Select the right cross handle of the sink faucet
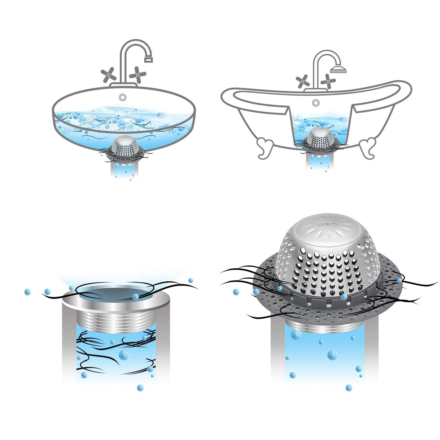138,74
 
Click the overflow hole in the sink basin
123,97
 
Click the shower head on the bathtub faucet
338,70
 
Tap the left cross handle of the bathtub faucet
303,81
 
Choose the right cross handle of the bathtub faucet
329,81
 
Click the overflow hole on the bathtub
316,103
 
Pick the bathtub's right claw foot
368,148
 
